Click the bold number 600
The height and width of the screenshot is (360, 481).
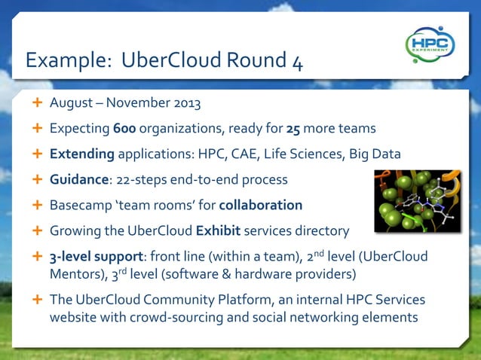tap(124, 129)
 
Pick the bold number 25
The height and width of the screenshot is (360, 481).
tap(293, 129)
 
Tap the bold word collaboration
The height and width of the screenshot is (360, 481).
tap(261, 206)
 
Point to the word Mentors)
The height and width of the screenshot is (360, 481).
tap(78, 274)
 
